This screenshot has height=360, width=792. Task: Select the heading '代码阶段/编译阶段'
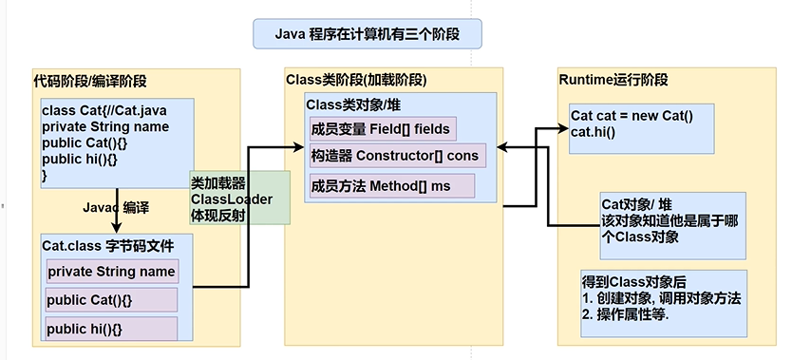pyautogui.click(x=90, y=81)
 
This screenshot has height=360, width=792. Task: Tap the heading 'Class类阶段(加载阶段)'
pyautogui.click(x=355, y=79)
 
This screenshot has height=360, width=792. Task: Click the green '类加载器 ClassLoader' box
pyautogui.click(x=238, y=199)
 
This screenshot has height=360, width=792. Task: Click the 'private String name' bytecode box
pyautogui.click(x=112, y=271)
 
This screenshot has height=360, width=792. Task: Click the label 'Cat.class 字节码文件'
pyautogui.click(x=107, y=246)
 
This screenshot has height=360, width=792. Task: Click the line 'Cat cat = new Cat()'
pyautogui.click(x=632, y=116)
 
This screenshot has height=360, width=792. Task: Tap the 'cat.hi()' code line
pyautogui.click(x=594, y=131)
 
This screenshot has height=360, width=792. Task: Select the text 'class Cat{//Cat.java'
pyautogui.click(x=102, y=110)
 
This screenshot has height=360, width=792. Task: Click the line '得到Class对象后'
pyautogui.click(x=633, y=282)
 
